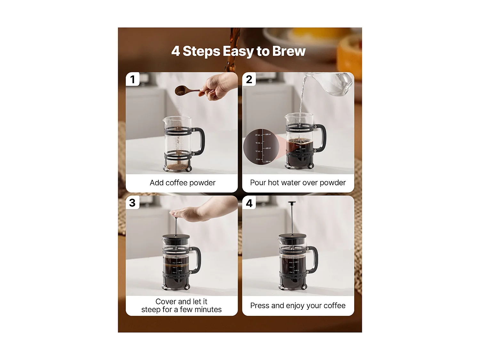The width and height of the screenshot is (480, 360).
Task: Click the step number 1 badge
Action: [132, 79]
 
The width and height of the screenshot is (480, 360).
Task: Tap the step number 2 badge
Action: [249, 79]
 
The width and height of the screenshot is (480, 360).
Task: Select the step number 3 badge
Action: [132, 203]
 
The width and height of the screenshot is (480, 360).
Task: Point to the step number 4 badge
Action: [249, 203]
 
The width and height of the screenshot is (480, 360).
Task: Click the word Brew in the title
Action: [289, 51]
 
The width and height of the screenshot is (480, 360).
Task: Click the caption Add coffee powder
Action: [182, 183]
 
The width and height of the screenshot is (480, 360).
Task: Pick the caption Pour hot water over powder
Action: [298, 183]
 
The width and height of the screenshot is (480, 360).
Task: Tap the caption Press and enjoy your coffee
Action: [298, 306]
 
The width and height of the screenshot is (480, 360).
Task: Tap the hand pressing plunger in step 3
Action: [189, 213]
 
